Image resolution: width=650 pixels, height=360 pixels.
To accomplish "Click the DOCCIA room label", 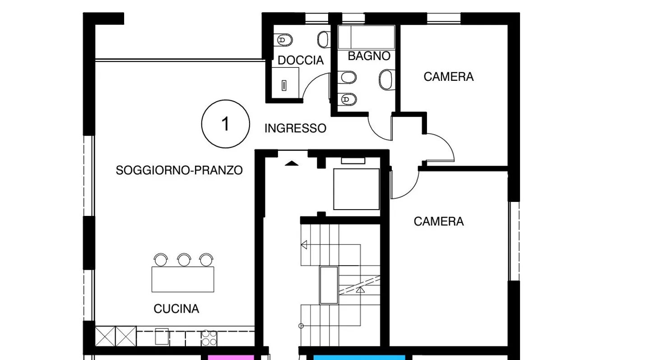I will (301, 61).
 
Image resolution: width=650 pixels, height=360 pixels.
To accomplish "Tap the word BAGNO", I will (369, 56).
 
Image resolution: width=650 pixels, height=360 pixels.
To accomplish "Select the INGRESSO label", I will (295, 129).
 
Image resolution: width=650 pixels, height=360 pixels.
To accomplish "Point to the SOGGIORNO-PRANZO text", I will (179, 170).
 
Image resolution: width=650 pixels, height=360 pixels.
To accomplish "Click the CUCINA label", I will (176, 309).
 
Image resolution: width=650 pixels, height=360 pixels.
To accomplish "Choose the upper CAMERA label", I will (448, 77).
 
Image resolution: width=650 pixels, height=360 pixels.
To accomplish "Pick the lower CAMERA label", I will (438, 221).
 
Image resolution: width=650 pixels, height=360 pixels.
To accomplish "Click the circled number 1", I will (225, 124).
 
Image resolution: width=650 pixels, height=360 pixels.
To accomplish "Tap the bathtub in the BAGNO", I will (366, 37).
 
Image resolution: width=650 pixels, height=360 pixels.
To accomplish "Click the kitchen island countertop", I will (182, 279).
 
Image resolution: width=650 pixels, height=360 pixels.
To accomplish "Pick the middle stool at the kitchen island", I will (184, 260).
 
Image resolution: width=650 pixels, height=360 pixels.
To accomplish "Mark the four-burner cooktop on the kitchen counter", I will (209, 337).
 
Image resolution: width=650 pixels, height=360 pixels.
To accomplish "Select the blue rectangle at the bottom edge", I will (359, 357).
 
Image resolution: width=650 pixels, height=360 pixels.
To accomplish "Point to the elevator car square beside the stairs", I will (356, 189).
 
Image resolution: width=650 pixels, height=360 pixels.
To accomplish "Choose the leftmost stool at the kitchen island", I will (161, 260).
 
